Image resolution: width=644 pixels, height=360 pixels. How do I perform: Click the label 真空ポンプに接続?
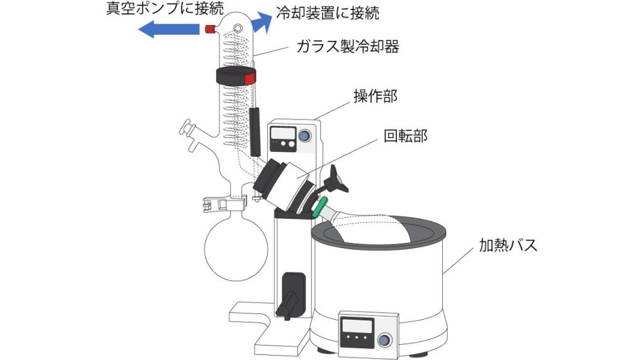tap(165, 9)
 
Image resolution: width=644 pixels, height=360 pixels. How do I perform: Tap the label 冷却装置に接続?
tap(327, 13)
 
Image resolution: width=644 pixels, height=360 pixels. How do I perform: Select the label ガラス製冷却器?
tap(347, 47)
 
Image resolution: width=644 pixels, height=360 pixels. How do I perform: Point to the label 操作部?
tap(375, 96)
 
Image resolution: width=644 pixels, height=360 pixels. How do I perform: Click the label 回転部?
tap(406, 135)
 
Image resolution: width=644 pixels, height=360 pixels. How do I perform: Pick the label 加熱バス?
tap(508, 245)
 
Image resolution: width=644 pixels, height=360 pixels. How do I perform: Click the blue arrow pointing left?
tap(169, 30)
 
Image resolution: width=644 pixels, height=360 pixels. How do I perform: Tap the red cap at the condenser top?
tap(210, 29)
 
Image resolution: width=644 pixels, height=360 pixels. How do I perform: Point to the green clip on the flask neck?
tap(319, 206)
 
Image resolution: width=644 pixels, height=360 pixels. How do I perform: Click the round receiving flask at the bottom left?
tap(236, 249)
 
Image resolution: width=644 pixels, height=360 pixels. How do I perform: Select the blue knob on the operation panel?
tap(304, 135)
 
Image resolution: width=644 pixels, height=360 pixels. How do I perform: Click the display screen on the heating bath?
tap(357, 327)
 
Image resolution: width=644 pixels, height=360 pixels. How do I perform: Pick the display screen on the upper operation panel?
tap(284, 133)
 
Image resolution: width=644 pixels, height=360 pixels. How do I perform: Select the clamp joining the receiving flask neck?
tap(225, 204)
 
